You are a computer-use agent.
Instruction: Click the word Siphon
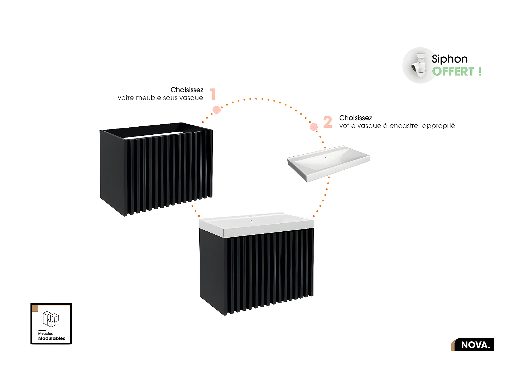click(x=449, y=59)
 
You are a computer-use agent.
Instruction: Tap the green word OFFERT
click(x=453, y=72)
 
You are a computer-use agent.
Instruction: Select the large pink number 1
click(x=213, y=94)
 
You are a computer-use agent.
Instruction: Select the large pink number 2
click(x=327, y=122)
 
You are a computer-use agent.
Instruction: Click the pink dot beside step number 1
click(x=216, y=110)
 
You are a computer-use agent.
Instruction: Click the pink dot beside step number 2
click(x=314, y=127)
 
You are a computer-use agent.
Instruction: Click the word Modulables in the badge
click(x=52, y=338)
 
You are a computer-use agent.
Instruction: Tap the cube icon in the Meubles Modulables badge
click(x=51, y=319)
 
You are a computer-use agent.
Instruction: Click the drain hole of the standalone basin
click(x=325, y=157)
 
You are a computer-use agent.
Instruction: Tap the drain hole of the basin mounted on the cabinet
click(x=251, y=221)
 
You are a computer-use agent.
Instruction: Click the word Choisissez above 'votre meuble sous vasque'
click(x=187, y=90)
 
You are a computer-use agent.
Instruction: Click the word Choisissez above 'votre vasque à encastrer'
click(x=355, y=118)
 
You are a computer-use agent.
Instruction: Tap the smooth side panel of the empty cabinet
click(x=113, y=171)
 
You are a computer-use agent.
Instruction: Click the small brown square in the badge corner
click(x=35, y=308)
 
